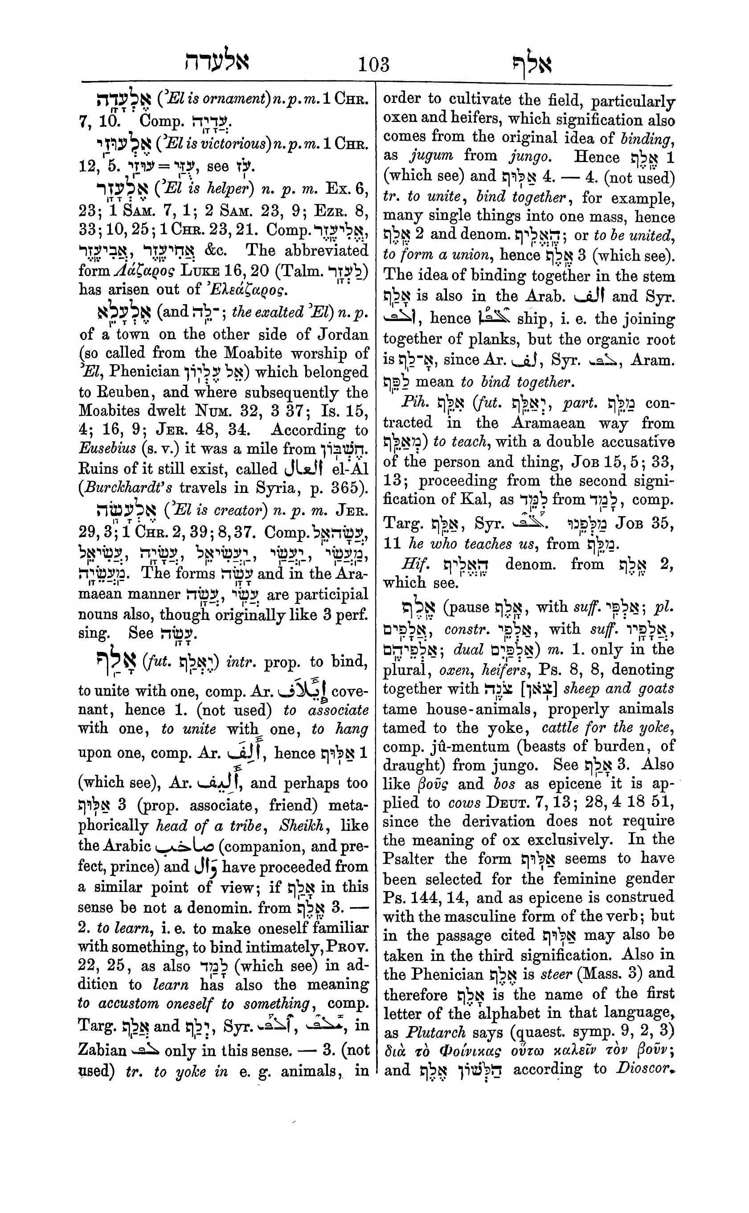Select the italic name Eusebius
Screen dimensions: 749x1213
(x=107, y=449)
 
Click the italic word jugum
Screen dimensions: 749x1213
(x=431, y=156)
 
